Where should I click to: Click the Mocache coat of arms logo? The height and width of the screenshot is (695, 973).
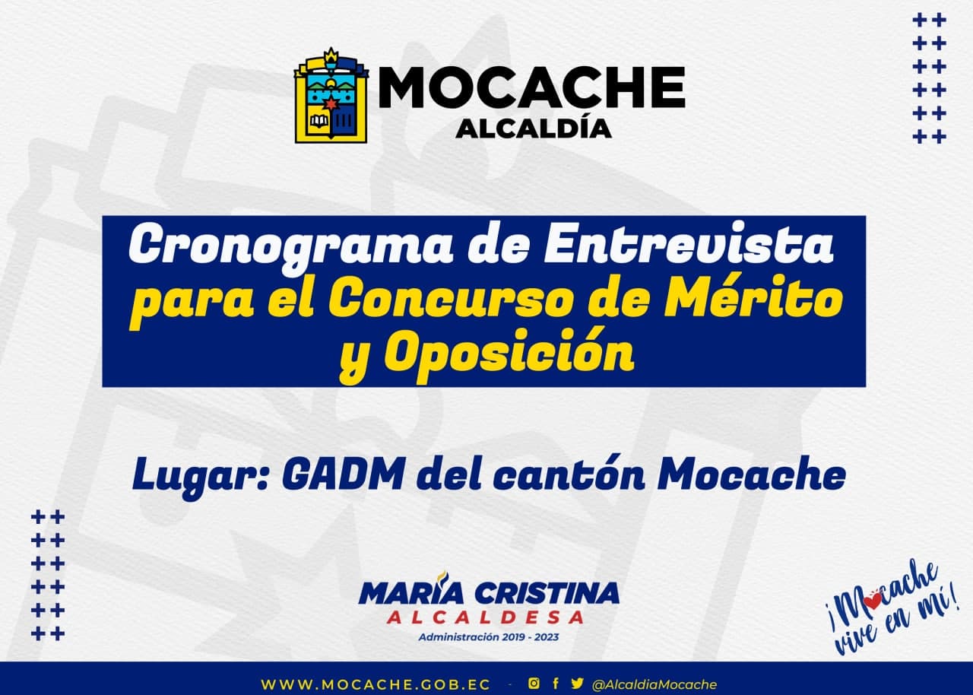coord(331,96)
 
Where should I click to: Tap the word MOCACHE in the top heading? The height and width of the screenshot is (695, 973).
coord(531,87)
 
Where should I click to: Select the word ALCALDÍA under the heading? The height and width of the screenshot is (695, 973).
coord(534,129)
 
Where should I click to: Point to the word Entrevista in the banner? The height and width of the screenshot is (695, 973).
coord(689,243)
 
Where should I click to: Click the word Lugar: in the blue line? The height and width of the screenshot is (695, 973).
coord(200,478)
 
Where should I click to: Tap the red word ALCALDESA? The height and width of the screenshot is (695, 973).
coord(485,617)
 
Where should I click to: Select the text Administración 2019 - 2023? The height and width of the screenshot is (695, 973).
coord(489,637)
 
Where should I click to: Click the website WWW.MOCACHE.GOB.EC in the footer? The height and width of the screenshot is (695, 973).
coord(376,685)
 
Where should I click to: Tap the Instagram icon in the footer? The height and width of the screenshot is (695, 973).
coord(534,684)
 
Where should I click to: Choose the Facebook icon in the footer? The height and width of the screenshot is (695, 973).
coord(556,684)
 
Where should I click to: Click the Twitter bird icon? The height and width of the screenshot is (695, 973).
coord(577,684)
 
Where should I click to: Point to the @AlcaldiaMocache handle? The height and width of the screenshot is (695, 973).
coord(654,684)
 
